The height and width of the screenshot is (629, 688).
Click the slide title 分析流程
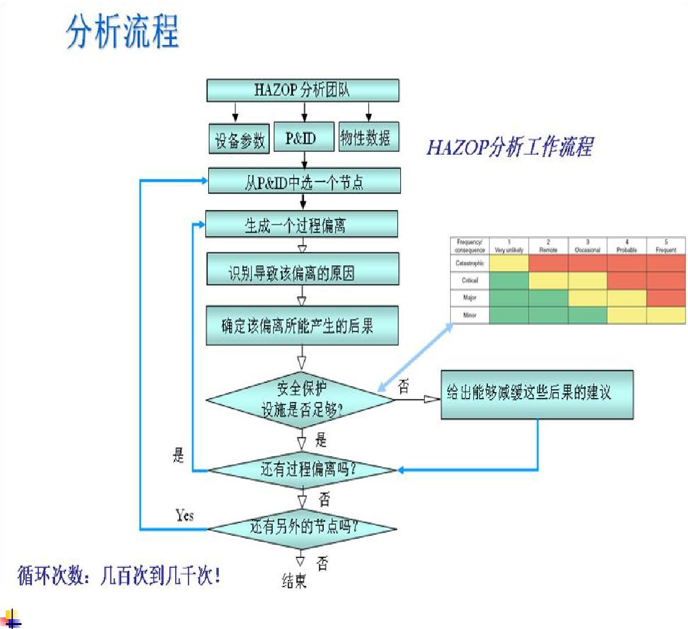click(122, 31)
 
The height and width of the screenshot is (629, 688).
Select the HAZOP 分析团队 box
click(303, 90)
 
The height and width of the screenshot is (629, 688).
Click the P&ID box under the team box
click(304, 137)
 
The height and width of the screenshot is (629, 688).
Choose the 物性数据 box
click(368, 137)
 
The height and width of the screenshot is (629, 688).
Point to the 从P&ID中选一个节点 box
click(304, 181)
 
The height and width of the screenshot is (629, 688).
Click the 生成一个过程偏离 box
click(301, 224)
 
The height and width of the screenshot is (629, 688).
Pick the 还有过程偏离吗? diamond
click(302, 470)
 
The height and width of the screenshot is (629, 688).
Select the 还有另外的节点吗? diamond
click(302, 528)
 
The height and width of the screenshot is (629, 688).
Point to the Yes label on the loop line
click(185, 515)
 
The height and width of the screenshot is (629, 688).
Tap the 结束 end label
click(294, 581)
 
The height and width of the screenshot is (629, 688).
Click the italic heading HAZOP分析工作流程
click(509, 147)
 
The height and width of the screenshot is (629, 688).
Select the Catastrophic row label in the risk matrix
click(470, 264)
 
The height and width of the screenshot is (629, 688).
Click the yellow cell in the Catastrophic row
click(509, 264)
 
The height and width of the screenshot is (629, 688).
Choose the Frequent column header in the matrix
click(666, 246)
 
